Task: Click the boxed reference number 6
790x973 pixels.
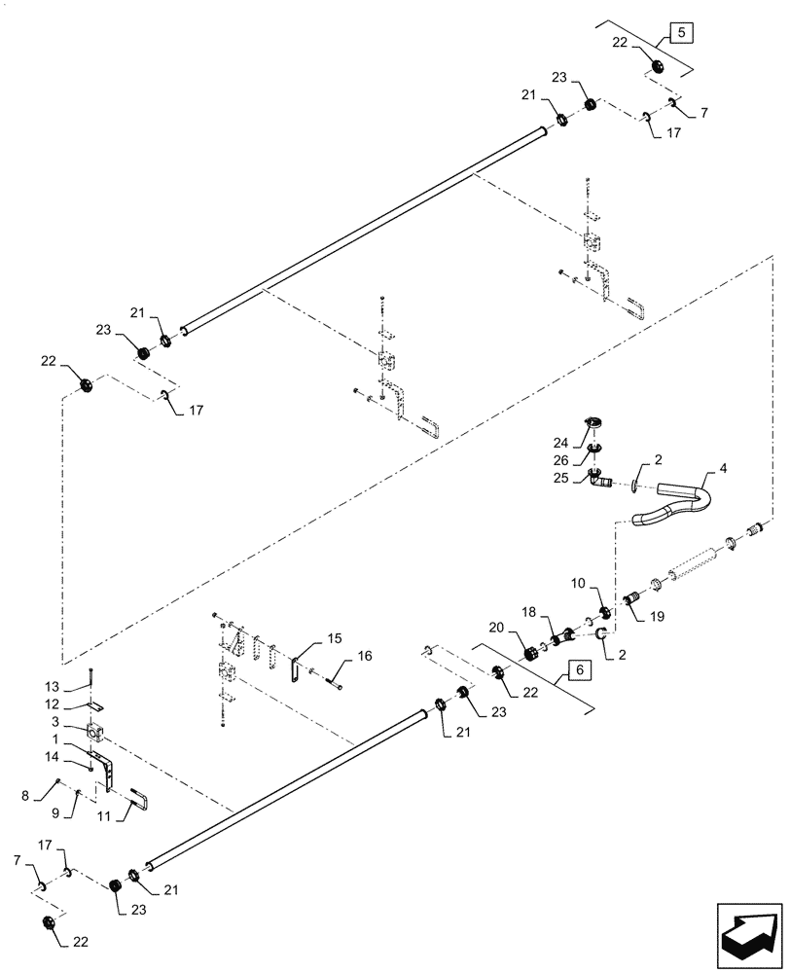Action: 578,670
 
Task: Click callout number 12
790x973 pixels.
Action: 79,703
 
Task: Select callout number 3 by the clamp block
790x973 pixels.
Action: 79,721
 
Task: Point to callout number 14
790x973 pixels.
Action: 79,756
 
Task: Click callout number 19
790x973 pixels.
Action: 654,615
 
